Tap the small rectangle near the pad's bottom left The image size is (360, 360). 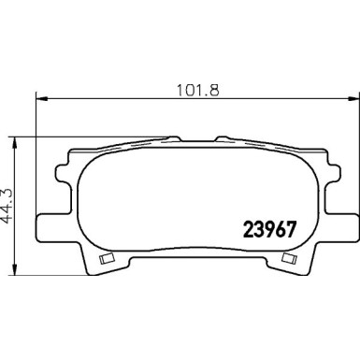pos(105,256)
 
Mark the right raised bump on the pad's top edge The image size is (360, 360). pos(224,140)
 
